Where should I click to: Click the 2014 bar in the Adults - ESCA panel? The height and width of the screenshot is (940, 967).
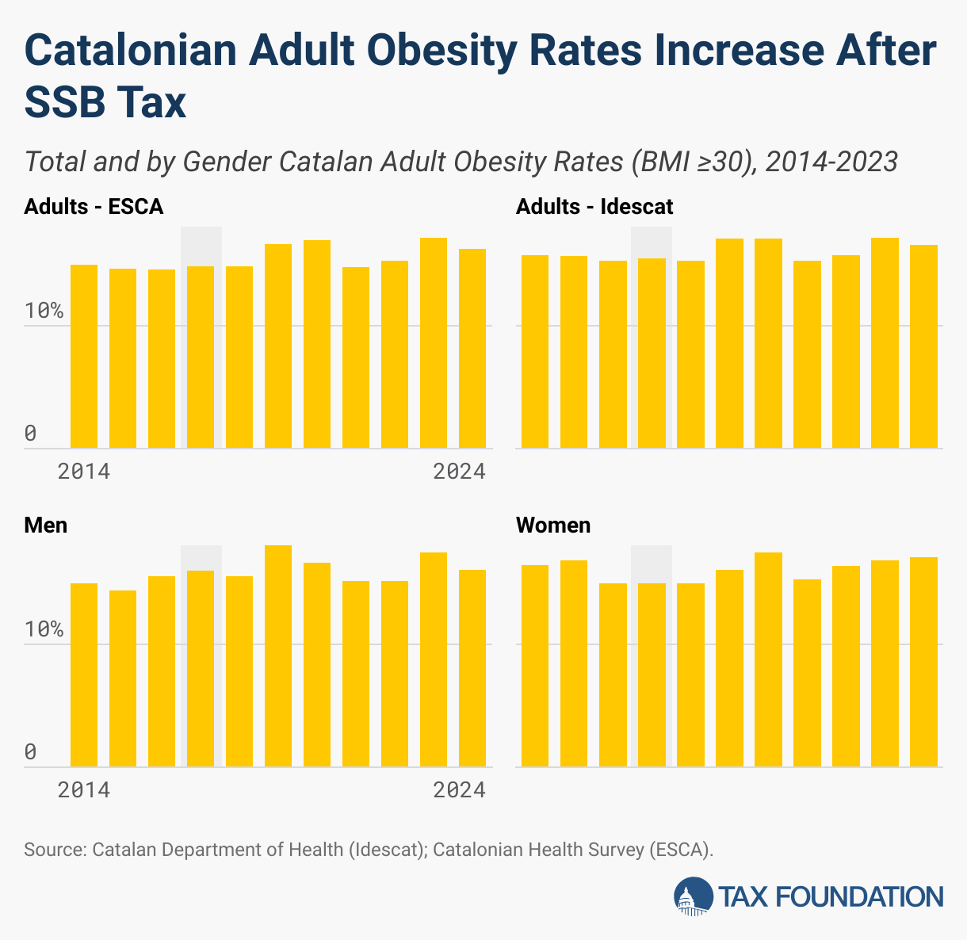pos(84,357)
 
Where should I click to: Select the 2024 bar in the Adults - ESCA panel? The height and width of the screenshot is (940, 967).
pos(472,349)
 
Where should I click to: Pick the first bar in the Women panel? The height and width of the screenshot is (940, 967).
pos(535,666)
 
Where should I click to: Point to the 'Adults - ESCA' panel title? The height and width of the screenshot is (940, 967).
pos(94,207)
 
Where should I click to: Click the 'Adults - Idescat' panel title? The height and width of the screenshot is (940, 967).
pos(594,207)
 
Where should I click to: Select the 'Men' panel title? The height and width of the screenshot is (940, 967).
pos(46,525)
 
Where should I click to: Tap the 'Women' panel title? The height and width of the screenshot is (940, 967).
pos(553,525)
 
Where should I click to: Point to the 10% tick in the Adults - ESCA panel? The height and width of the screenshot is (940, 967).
pos(44,311)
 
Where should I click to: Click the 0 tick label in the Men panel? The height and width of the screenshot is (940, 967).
pos(31,751)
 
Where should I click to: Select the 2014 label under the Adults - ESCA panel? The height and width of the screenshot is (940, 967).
pos(84,472)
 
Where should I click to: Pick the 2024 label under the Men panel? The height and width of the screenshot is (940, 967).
pos(459,790)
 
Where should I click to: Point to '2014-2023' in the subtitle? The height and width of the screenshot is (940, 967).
pos(831,162)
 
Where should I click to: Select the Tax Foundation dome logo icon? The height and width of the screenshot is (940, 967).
pos(693,896)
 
